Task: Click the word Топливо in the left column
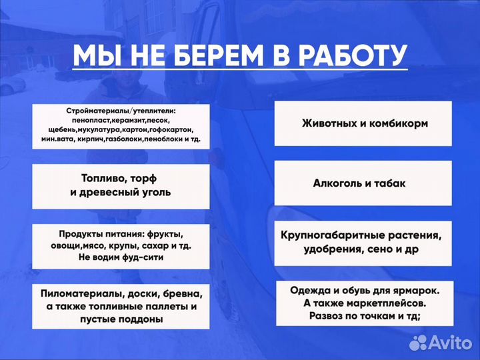point(101,179)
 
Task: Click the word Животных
point(332,123)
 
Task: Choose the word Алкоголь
point(341,182)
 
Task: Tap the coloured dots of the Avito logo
point(419,342)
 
